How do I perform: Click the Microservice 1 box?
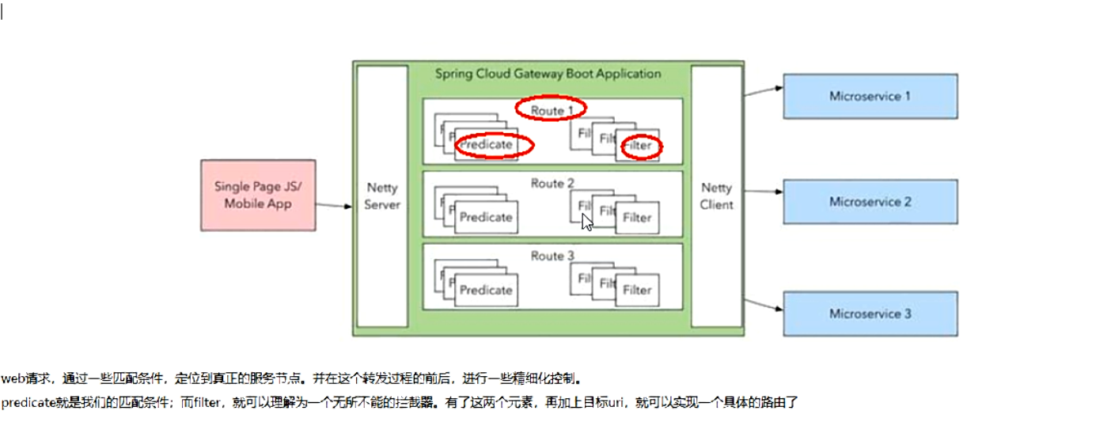pos(870,97)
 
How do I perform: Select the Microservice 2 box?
pos(870,202)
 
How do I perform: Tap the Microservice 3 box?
pos(870,314)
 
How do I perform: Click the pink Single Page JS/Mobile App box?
pos(258,196)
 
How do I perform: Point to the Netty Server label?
pos(382,196)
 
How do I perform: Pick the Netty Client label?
pos(717,196)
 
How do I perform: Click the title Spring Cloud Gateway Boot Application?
pos(548,74)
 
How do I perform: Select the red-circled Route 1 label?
pos(551,110)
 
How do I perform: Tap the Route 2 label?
pos(552,184)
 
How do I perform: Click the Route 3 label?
pos(552,256)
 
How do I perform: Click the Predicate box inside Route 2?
pos(486,217)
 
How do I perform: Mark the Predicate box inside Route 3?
pos(486,290)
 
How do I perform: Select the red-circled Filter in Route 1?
pos(639,146)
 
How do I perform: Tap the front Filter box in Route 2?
pos(637,218)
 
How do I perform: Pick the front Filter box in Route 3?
pos(637,290)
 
